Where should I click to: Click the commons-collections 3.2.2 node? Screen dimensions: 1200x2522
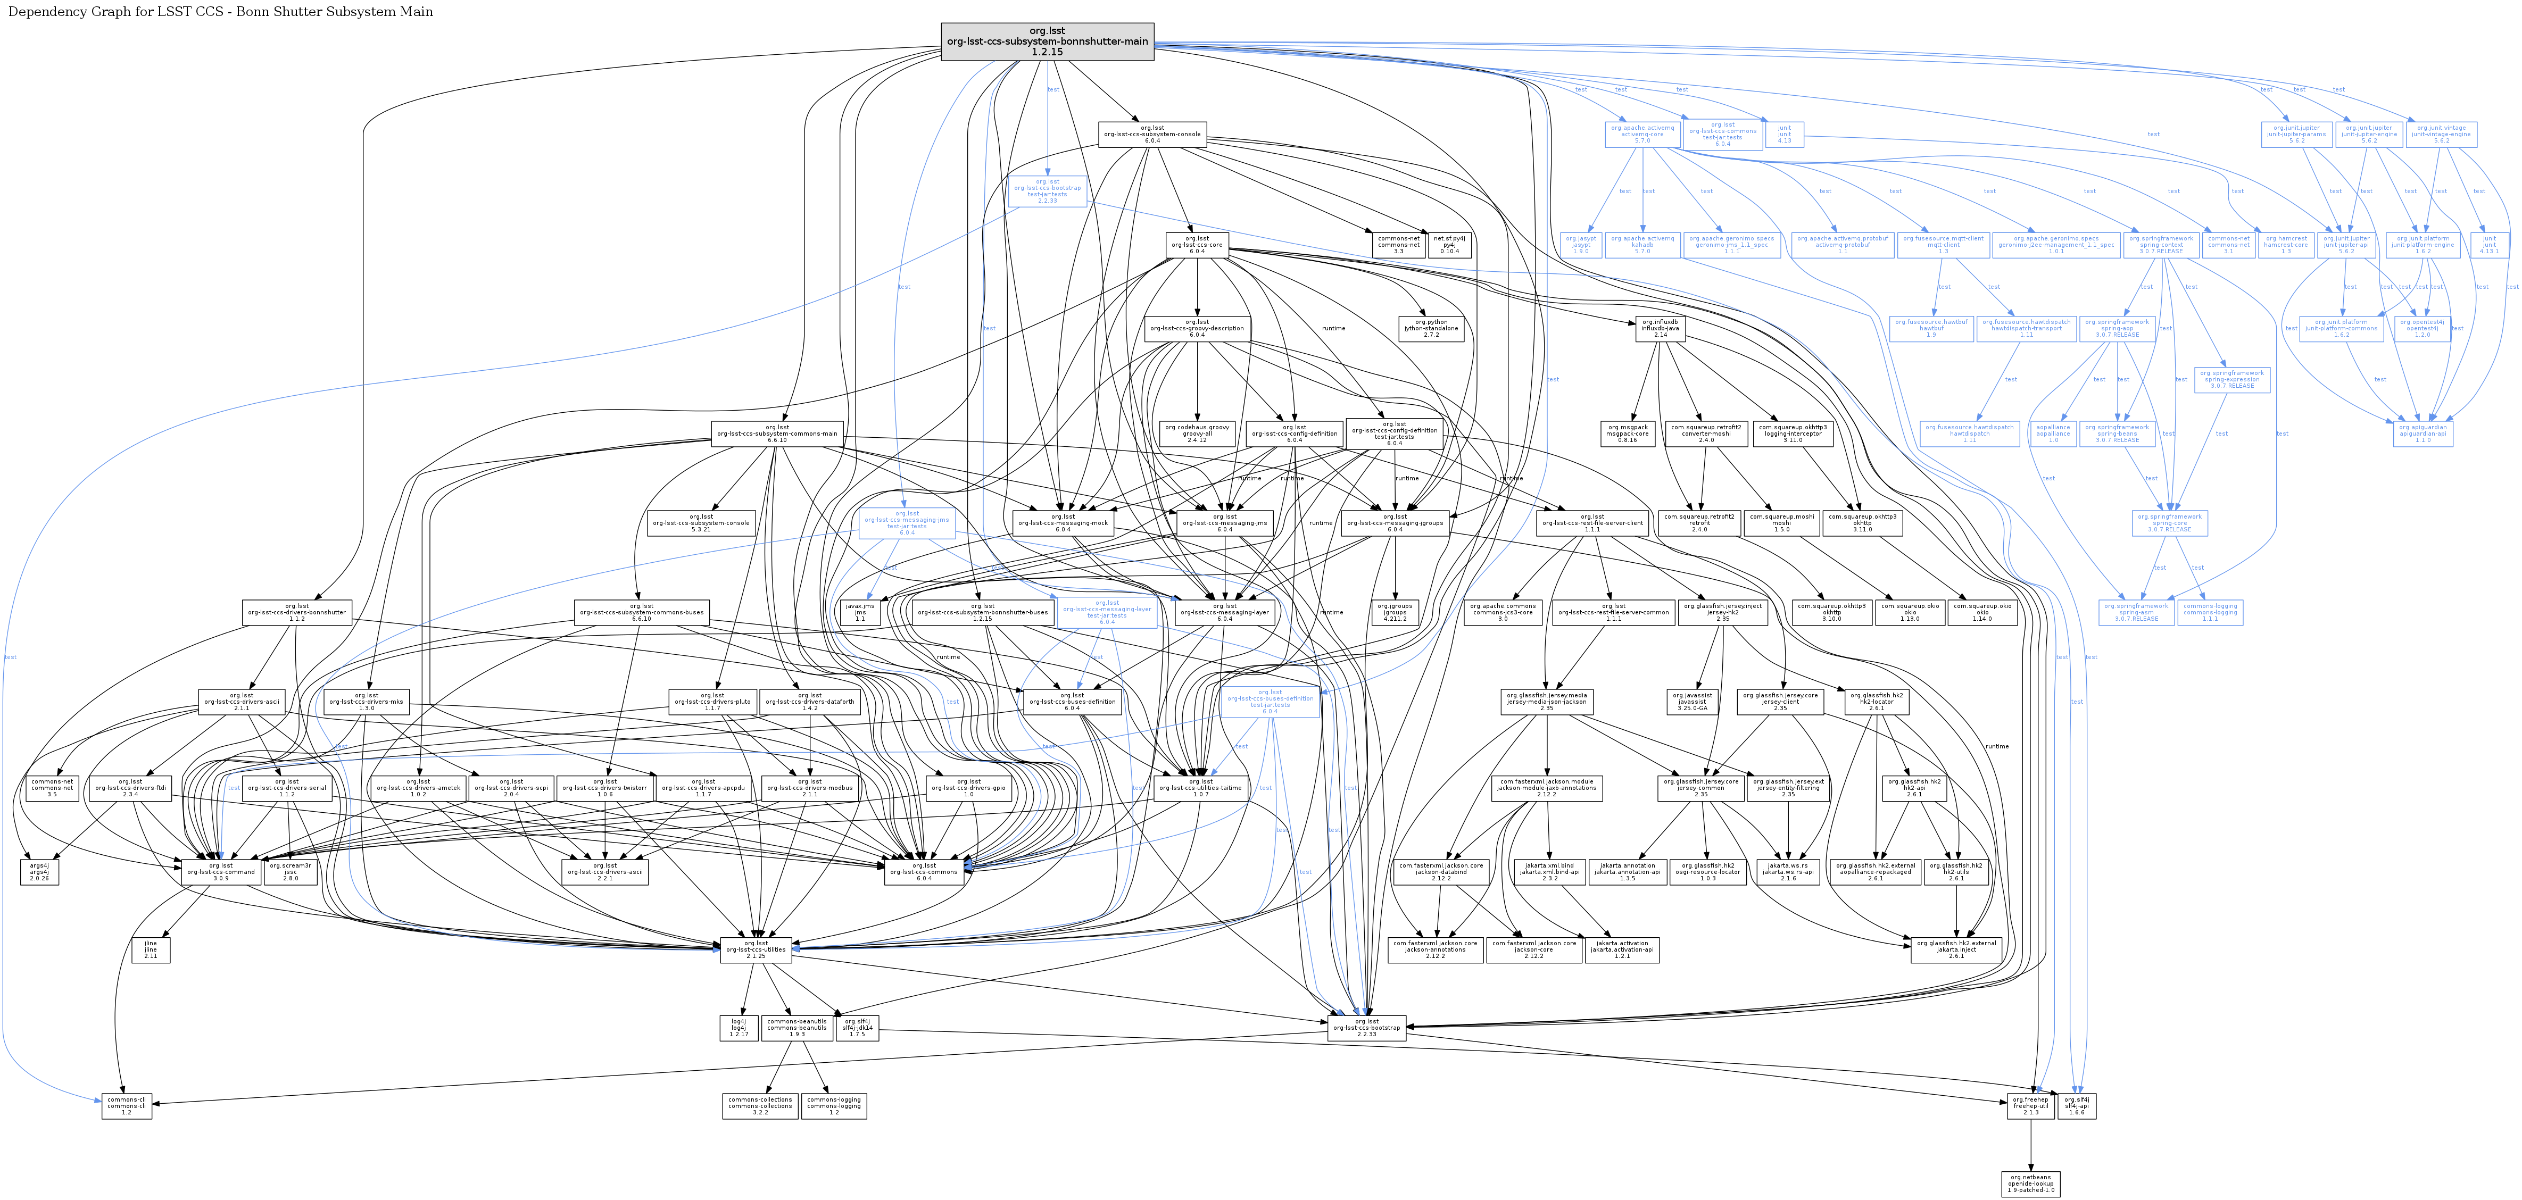click(760, 1106)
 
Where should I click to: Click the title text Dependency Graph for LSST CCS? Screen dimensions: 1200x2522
click(220, 12)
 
